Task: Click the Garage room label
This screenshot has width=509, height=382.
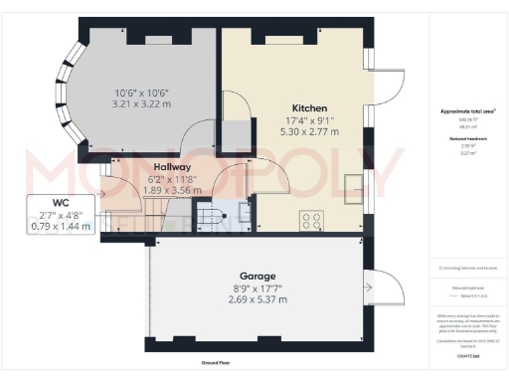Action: (x=256, y=276)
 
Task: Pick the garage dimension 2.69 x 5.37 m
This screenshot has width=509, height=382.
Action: (x=256, y=298)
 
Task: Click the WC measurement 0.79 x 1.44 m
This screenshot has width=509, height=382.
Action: (x=60, y=226)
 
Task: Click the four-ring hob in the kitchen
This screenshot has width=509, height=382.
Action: (x=309, y=222)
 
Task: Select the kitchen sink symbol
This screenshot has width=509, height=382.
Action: (x=353, y=185)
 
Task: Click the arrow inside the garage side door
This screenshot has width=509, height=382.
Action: (x=371, y=287)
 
